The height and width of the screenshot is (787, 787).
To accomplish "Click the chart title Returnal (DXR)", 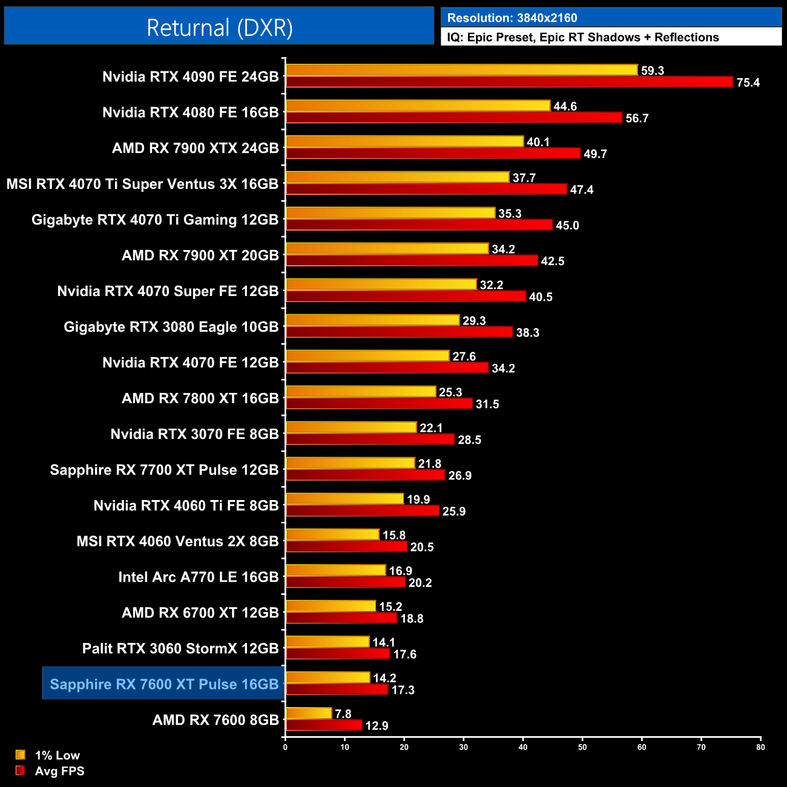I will point(219,28).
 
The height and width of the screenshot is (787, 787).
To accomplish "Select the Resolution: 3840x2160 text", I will point(512,18).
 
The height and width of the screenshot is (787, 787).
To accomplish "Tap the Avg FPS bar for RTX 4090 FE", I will point(509,82).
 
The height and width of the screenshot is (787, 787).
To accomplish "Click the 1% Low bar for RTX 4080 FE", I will point(418,106).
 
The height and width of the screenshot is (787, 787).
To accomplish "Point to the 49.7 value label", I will point(595,154).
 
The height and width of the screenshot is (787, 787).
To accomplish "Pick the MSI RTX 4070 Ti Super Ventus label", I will point(142,184).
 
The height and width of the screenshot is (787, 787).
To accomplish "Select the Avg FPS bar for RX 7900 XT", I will point(412,261).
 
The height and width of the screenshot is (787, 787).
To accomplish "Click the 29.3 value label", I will point(474,321).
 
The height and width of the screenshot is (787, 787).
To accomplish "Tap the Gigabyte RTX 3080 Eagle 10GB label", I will point(171,327).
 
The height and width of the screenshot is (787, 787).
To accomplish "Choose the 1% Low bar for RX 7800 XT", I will point(361,392).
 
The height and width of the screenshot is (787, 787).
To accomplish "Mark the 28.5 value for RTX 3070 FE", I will point(469,440).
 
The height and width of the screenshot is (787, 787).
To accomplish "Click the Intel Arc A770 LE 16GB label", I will point(199,577).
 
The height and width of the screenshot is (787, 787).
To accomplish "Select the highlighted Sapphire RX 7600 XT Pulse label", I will point(164,684).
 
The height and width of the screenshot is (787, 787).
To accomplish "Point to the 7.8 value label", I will point(343,714).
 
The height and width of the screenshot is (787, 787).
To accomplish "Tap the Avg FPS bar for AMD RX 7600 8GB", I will point(324,725).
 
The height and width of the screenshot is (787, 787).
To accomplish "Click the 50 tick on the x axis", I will point(582,747).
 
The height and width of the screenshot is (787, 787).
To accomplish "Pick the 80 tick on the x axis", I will point(760,747).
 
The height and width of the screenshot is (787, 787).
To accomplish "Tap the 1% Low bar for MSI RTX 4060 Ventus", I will point(332,535).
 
